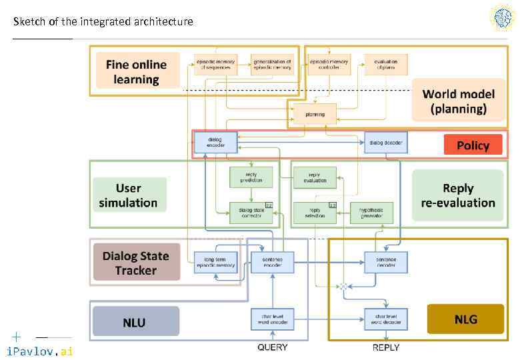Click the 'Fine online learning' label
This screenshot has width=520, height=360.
click(137, 71)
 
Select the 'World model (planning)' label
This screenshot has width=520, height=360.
click(458, 101)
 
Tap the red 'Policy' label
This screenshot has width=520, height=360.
click(473, 145)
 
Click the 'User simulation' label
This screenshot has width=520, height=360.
click(128, 195)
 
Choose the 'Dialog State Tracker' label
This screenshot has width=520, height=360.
click(136, 263)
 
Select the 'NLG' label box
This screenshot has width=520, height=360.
click(465, 319)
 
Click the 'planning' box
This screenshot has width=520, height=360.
click(315, 114)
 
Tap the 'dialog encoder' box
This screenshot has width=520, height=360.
click(215, 142)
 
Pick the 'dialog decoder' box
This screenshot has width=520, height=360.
click(385, 142)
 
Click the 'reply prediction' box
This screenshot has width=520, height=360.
click(251, 177)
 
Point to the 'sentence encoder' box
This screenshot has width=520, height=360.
click(272, 262)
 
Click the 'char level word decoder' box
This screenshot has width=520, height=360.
click(385, 319)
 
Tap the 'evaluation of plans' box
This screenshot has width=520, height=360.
click(385, 64)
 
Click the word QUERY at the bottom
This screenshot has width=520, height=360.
click(273, 347)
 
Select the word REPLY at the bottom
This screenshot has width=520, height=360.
click(385, 347)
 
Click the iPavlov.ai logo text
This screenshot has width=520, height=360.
click(39, 351)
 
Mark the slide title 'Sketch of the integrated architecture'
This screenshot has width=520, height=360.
click(103, 21)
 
